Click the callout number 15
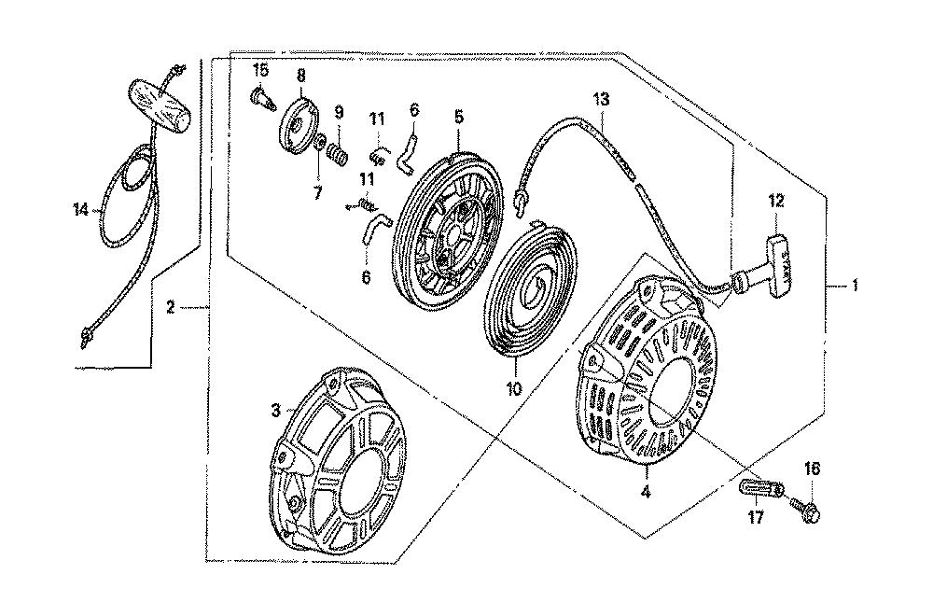(260, 70)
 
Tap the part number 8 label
(301, 76)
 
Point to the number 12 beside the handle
(776, 201)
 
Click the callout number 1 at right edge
(855, 286)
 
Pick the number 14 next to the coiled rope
(81, 209)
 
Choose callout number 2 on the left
(170, 308)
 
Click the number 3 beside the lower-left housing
(275, 411)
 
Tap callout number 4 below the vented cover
(646, 492)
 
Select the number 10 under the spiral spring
(514, 388)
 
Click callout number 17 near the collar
(755, 518)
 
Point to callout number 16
(813, 469)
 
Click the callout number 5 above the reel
(458, 117)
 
